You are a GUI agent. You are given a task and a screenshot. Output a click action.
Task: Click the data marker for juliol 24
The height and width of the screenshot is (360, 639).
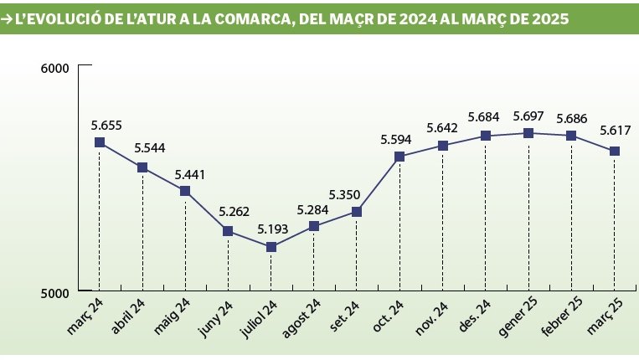tap(271, 247)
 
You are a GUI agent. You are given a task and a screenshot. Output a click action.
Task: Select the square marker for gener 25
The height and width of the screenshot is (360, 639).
tap(528, 133)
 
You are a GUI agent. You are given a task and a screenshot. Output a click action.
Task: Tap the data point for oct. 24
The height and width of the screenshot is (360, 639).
tap(399, 157)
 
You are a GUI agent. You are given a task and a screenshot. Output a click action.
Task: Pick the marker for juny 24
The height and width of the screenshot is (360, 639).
tap(228, 231)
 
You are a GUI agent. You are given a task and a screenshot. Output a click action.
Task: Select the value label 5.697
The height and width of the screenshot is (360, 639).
tap(529, 116)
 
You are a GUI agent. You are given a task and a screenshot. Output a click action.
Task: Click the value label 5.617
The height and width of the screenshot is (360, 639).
tap(615, 131)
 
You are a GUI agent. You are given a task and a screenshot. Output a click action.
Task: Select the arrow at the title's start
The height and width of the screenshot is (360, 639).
tap(8, 18)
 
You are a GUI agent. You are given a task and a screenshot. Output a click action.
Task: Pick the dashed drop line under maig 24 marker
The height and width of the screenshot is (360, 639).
tap(185, 243)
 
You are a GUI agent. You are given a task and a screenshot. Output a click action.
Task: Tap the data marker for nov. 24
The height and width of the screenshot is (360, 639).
tap(443, 146)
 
